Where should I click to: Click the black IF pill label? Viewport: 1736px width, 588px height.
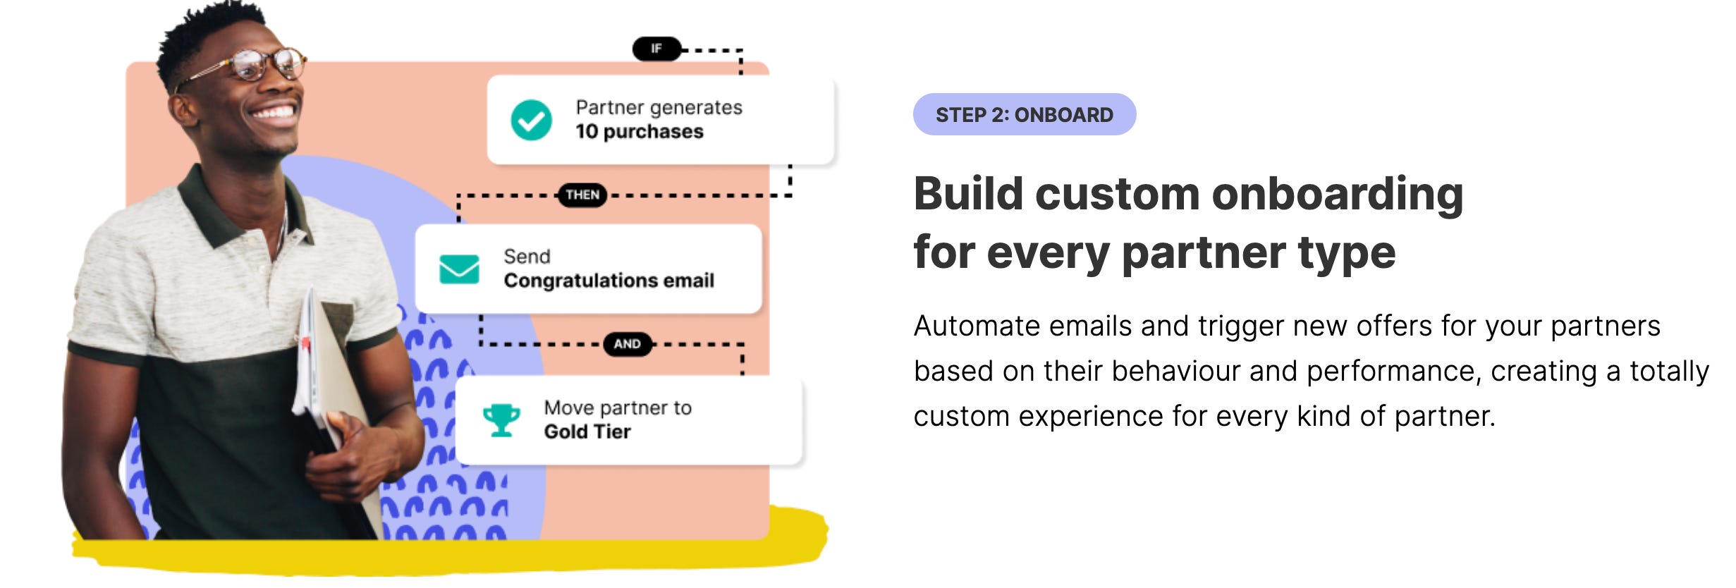[656, 49]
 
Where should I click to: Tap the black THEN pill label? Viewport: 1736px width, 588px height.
[582, 195]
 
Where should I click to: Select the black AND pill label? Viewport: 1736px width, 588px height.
[627, 344]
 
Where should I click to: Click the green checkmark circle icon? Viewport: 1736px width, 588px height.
[531, 120]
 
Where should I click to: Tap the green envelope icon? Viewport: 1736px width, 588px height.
[459, 269]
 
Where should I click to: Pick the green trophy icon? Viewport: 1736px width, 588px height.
[501, 420]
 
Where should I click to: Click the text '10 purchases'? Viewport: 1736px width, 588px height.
[639, 132]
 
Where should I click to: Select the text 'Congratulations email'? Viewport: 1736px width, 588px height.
[609, 281]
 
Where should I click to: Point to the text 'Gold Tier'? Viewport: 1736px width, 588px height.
[587, 431]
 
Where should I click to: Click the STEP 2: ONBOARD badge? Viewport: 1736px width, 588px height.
[1024, 114]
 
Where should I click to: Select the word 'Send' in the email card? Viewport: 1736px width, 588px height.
[527, 257]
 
